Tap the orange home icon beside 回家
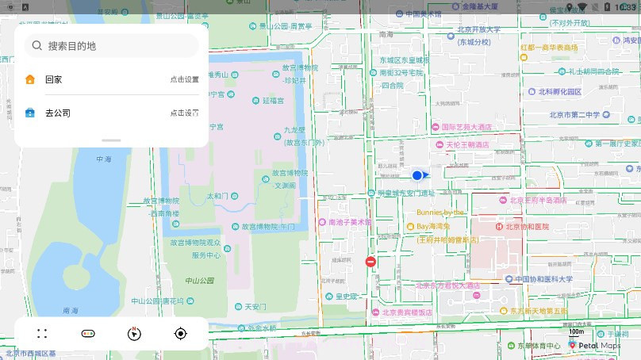(x=30, y=79)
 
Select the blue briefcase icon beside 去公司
(x=30, y=113)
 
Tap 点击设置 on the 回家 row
(x=184, y=79)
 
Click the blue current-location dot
(x=417, y=175)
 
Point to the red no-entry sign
(x=370, y=262)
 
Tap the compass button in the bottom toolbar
(x=134, y=334)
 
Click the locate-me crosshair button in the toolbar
(x=180, y=334)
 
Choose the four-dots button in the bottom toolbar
(x=42, y=334)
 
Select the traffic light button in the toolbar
(x=88, y=334)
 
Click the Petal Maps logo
(x=595, y=346)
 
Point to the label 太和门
(x=217, y=195)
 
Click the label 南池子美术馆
(x=349, y=222)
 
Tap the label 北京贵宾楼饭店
(x=407, y=312)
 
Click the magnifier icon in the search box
(x=36, y=46)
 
